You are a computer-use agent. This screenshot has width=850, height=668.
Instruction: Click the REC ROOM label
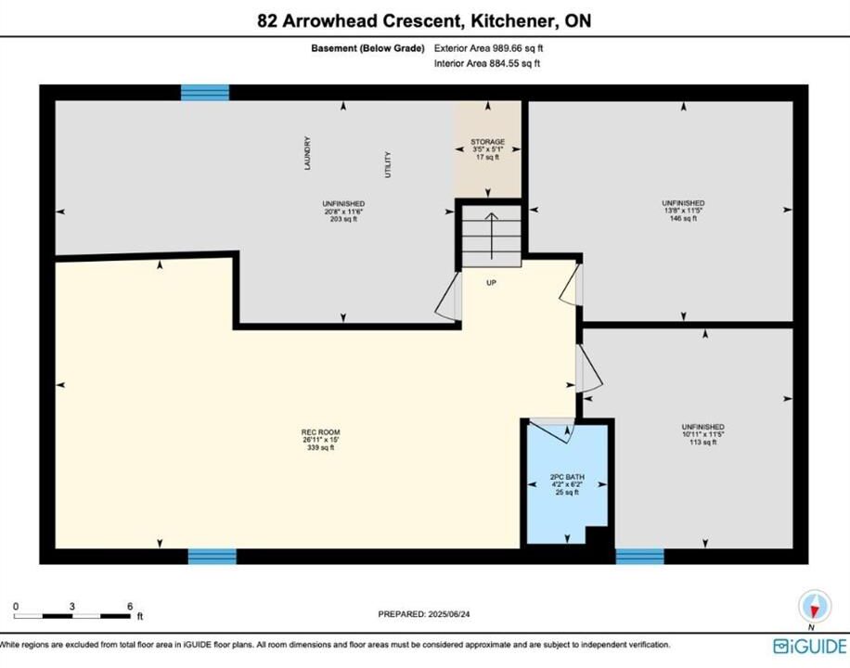pos(321,432)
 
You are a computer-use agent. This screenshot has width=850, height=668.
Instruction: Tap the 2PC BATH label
pos(567,477)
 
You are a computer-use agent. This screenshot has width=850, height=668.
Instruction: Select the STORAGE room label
pos(488,142)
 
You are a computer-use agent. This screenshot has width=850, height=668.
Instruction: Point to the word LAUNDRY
pos(307,153)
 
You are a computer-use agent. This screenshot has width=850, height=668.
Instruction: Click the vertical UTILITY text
pos(388,165)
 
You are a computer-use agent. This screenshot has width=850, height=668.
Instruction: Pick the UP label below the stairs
pos(491,282)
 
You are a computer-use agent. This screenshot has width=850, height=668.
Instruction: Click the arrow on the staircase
pos(491,236)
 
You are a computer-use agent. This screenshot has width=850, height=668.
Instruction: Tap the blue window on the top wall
pos(205,93)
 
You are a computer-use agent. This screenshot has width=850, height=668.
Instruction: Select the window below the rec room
pos(212,557)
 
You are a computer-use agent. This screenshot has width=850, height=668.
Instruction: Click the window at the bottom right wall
pos(639,557)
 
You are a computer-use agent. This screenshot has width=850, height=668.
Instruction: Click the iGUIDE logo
pos(810,647)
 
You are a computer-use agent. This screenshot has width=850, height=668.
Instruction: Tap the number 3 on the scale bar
pos(72,606)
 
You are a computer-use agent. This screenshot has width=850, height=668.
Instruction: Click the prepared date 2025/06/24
pos(449,614)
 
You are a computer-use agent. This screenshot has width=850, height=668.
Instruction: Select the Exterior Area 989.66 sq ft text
pos(488,48)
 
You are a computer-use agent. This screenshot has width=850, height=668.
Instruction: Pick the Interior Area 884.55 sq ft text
pos(487,63)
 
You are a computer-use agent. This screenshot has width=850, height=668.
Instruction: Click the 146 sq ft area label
pos(683,219)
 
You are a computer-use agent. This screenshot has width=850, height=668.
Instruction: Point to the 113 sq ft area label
pos(703,442)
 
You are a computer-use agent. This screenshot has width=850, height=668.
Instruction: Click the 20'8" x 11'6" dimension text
pos(343,212)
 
